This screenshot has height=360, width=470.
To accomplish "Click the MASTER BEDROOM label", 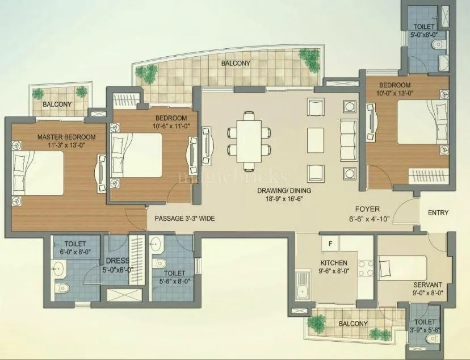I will (x=66, y=137).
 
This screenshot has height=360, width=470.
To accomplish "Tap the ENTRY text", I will (x=438, y=213).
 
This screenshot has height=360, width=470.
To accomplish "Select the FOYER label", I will (x=367, y=209).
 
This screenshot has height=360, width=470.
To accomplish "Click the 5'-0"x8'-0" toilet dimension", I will (x=424, y=34).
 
